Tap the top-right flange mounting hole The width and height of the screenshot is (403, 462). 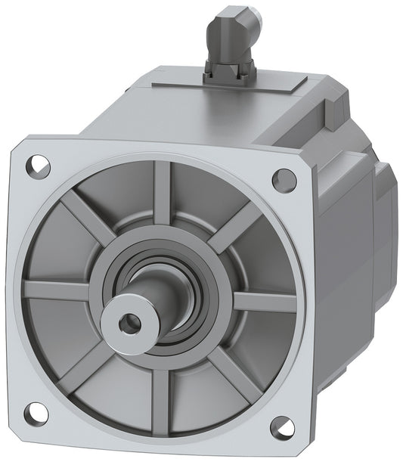tap(284, 179)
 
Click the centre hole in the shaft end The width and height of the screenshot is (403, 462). tap(129, 324)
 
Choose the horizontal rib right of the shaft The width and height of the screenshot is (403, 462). tap(264, 302)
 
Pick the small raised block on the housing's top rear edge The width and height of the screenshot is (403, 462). tap(336, 112)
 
